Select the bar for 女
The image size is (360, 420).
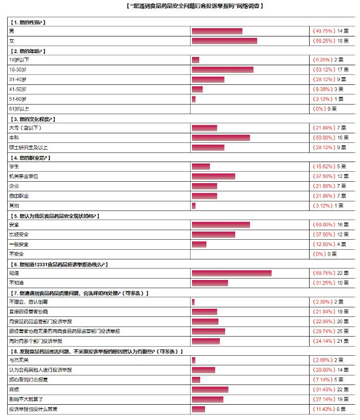tap(224, 41)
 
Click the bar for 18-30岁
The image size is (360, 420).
tap(222, 70)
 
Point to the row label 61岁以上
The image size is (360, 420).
tap(19, 109)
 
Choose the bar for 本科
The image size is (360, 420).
tap(221, 138)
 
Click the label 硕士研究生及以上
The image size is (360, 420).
tap(28, 147)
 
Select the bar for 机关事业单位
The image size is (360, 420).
tap(213, 176)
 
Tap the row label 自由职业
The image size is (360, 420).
tap(19, 196)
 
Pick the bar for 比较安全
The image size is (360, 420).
tap(213, 234)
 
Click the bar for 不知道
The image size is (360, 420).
tap(210, 283)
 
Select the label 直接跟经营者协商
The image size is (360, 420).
tap(28, 312)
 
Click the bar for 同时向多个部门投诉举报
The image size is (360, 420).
tap(205, 341)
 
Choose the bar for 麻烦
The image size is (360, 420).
tap(210, 389)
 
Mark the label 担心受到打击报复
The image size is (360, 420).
tap(28, 380)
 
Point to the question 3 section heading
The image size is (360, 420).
tap(32, 119)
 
